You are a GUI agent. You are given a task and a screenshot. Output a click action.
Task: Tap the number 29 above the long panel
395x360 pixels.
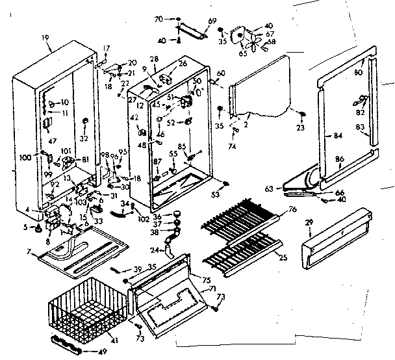[309, 222]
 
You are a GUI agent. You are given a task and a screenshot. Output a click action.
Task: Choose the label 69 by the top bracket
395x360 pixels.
[211, 21]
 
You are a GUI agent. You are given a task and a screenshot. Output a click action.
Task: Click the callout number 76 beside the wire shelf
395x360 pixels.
[292, 209]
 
